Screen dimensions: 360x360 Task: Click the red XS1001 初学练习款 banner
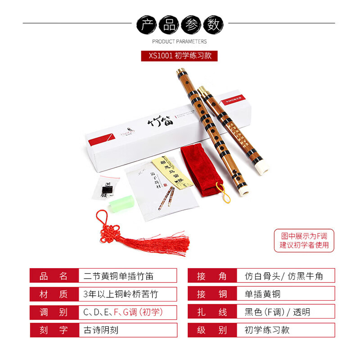180,55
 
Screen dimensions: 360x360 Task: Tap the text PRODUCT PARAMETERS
180,41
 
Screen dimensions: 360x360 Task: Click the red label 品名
54,276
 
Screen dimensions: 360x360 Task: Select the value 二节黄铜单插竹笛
119,276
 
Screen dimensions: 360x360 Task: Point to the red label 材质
54,294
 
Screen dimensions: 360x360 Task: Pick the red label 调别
54,312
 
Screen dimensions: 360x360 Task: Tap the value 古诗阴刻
101,330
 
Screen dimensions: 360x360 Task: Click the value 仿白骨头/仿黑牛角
283,276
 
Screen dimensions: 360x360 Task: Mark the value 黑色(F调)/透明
277,312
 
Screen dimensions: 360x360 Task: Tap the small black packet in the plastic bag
108,188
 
